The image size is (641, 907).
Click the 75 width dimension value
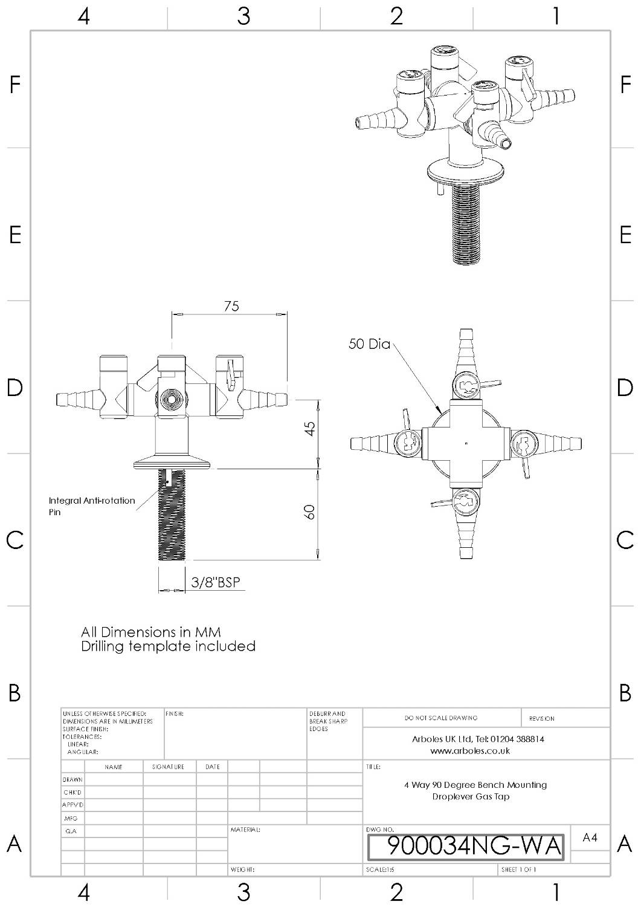231,306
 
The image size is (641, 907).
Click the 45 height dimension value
309,428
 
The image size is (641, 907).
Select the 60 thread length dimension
309,512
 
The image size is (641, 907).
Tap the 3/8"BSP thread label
215,582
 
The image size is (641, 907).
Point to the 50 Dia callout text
369,344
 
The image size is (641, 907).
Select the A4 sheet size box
590,837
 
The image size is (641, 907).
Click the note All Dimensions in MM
151,632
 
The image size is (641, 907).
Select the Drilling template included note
168,646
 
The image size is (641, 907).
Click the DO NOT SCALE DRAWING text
441,718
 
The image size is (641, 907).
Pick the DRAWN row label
72,779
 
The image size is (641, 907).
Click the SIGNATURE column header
169,767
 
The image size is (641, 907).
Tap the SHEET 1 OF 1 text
518,870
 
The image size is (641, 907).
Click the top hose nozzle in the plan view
466,348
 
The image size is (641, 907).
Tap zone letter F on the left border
15,85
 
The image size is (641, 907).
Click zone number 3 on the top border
243,16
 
